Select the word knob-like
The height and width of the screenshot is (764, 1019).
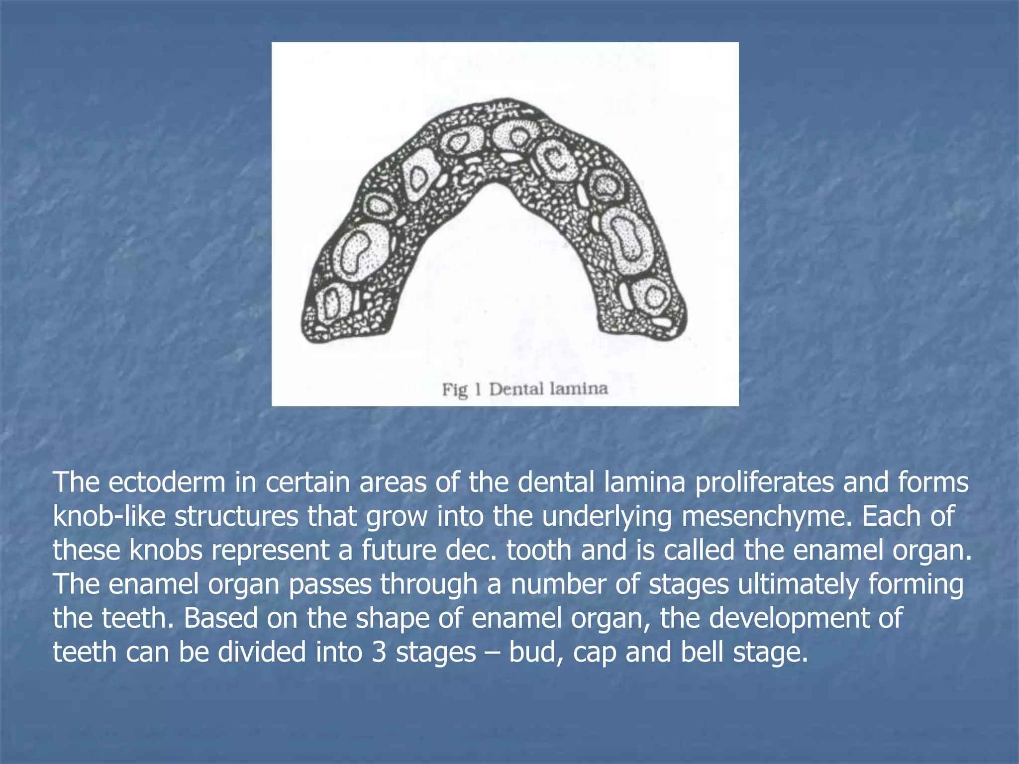(x=108, y=516)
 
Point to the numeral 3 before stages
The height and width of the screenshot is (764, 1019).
(x=379, y=652)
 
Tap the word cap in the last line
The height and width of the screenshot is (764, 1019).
(x=594, y=652)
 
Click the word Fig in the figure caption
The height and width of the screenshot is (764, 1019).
(x=455, y=389)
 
